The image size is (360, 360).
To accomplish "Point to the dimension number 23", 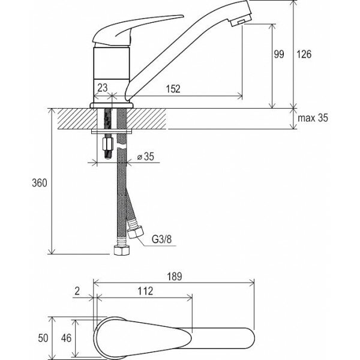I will point(103,88).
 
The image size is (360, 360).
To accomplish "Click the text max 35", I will point(313,118).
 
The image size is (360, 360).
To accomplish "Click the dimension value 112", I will point(144,292).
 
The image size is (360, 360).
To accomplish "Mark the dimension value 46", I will point(67,338).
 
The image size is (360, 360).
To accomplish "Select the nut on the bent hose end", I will point(137,230).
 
